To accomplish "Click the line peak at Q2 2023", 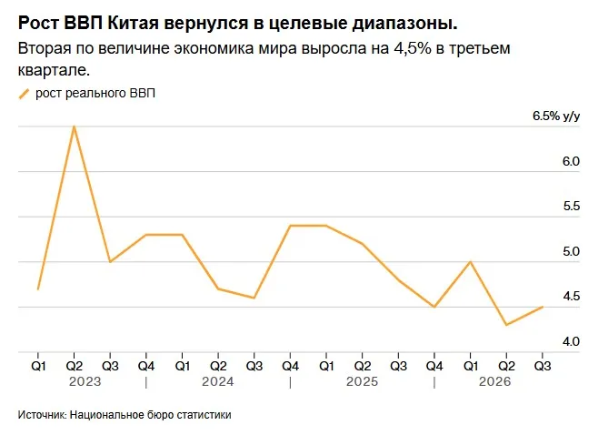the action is (x=74, y=126).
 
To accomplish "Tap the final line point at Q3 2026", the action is (x=542, y=307).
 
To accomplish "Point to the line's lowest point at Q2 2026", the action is (x=506, y=325).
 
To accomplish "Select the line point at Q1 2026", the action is (x=471, y=262).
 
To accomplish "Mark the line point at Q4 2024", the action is (x=291, y=226).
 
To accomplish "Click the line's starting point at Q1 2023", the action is (x=38, y=289).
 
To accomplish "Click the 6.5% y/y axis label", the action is (x=556, y=116).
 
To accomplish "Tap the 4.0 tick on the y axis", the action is (x=571, y=341).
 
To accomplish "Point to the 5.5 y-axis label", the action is (x=571, y=206).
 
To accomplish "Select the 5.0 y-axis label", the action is (x=571, y=252).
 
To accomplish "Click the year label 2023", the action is (x=85, y=381).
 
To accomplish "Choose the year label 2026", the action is (x=494, y=381).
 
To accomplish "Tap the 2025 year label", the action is (x=362, y=381).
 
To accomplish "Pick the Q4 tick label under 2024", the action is (x=291, y=366).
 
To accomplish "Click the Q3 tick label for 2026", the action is (x=542, y=366).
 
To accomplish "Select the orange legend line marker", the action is (x=24, y=94).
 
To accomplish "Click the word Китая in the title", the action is (x=133, y=24).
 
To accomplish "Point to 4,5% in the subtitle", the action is (x=412, y=48).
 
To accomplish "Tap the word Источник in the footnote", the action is (x=43, y=414).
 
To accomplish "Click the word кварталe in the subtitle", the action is (x=54, y=70).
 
